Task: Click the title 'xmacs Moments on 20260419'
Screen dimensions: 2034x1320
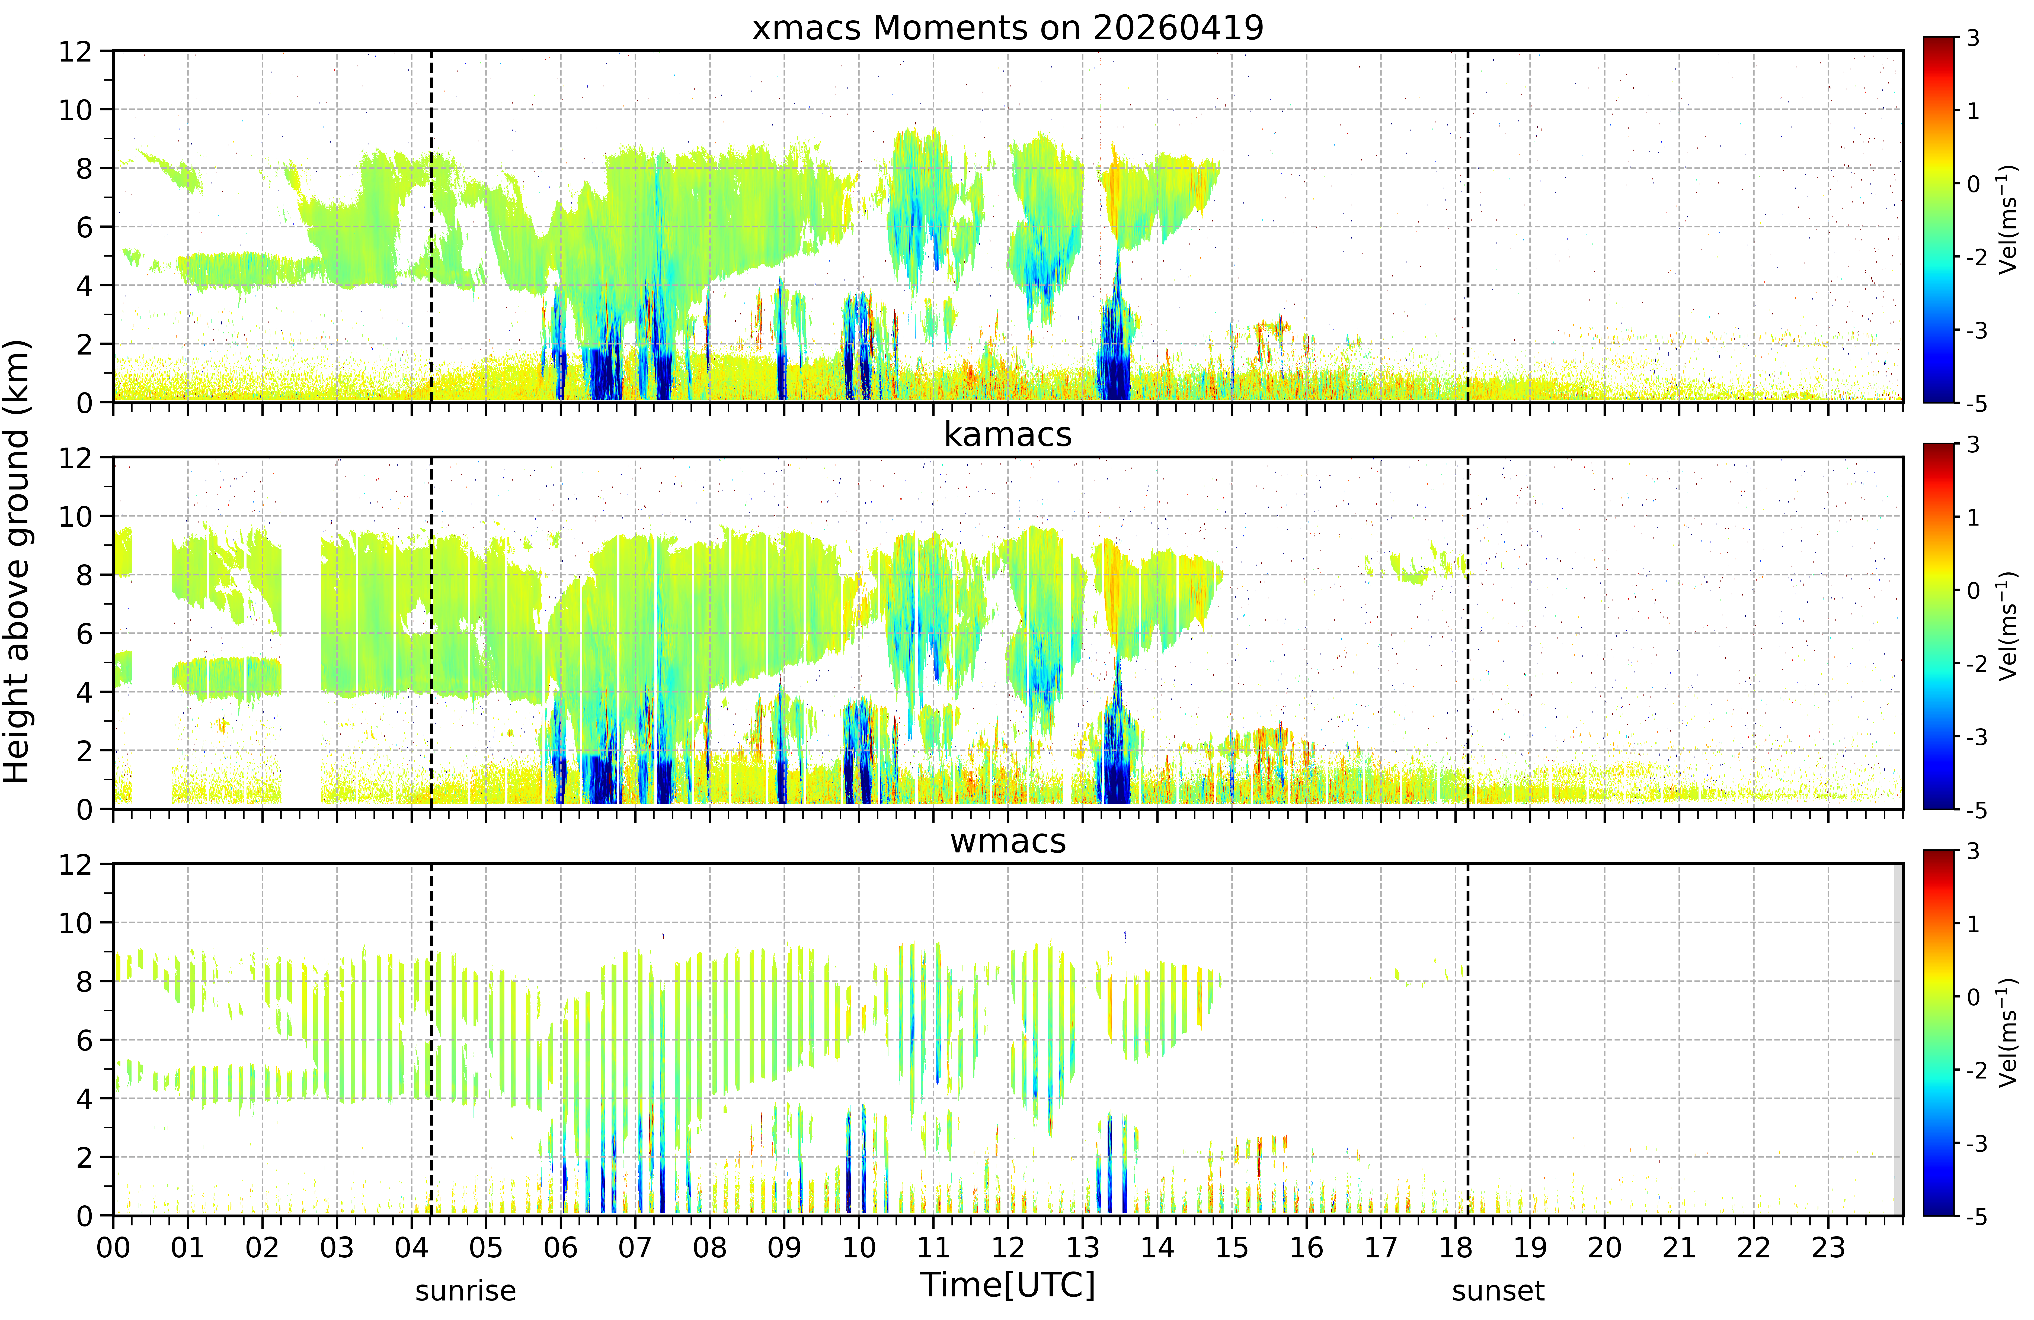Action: click(1008, 28)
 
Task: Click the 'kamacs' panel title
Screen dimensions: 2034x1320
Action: click(1008, 435)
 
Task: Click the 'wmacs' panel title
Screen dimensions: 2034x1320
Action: click(1008, 842)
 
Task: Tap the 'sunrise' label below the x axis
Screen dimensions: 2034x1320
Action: click(466, 1291)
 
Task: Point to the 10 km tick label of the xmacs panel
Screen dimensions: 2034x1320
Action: click(75, 110)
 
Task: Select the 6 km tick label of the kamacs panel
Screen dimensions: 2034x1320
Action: click(84, 634)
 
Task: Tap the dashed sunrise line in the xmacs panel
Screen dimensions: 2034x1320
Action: click(431, 226)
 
